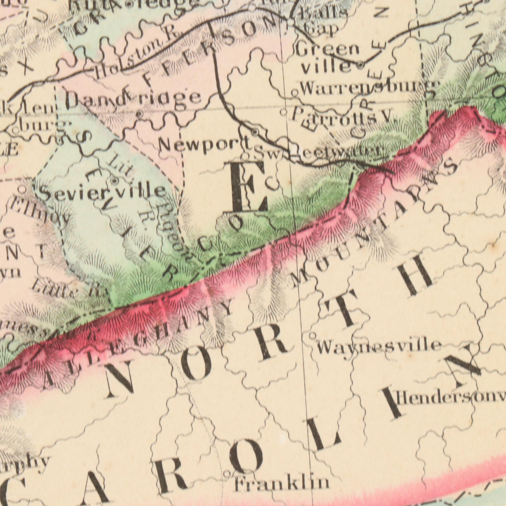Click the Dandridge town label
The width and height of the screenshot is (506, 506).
click(x=134, y=101)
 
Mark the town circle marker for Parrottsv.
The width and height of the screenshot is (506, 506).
click(x=283, y=113)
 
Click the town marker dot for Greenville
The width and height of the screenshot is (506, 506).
click(x=361, y=64)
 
